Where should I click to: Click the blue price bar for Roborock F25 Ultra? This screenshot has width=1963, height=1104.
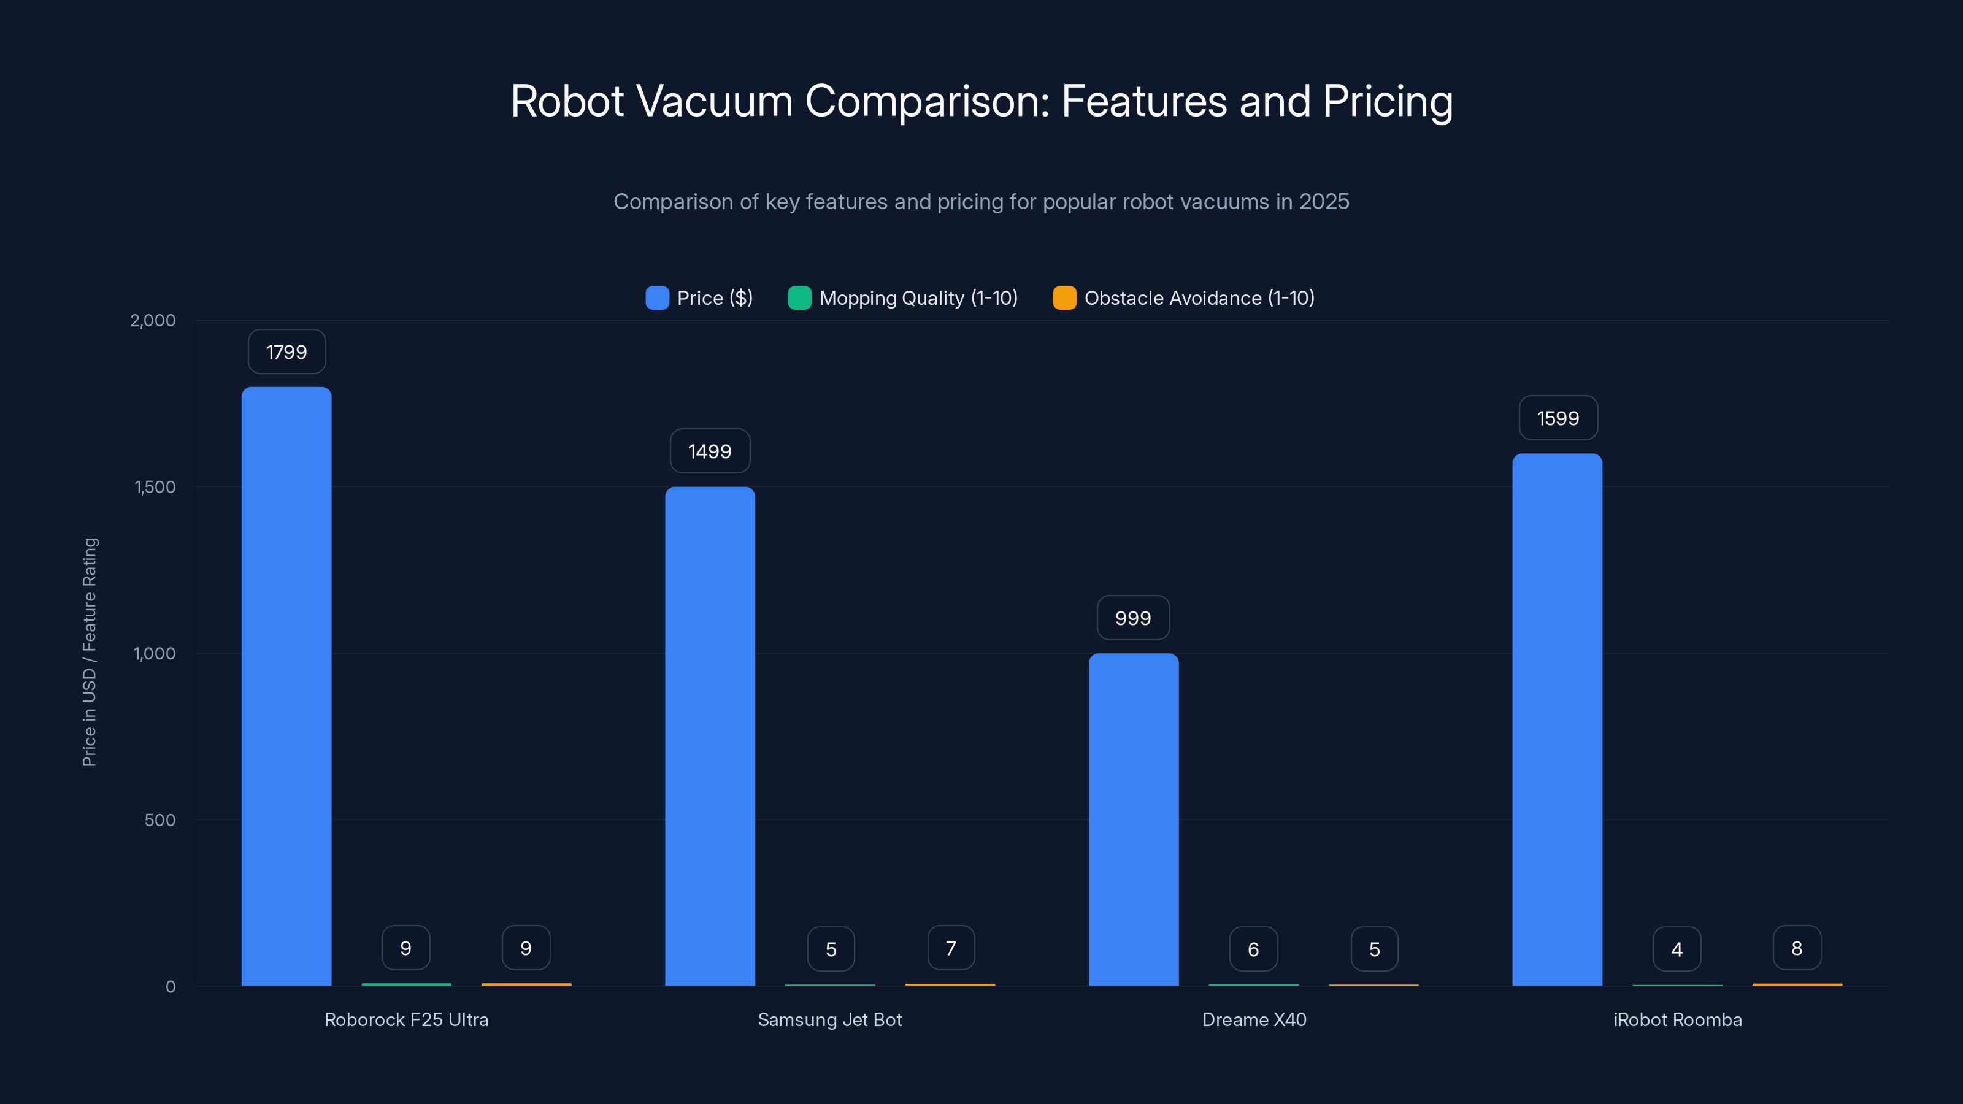point(286,686)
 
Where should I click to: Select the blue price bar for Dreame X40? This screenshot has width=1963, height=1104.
point(1133,819)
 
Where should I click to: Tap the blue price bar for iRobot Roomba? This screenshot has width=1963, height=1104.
point(1557,720)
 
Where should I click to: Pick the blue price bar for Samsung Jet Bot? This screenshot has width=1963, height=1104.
point(710,736)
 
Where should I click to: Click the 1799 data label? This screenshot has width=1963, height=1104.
point(286,352)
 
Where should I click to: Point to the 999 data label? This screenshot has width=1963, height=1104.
point(1133,618)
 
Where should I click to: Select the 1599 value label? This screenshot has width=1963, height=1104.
point(1558,418)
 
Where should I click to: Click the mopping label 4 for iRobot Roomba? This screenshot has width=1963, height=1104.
point(1677,949)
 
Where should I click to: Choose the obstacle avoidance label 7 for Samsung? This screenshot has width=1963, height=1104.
point(951,949)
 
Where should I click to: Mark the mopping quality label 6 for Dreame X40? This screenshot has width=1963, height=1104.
point(1253,949)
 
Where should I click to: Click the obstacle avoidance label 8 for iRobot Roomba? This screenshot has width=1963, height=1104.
point(1797,949)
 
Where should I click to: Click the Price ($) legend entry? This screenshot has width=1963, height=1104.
point(699,298)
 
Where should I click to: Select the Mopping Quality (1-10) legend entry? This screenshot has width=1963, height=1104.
point(903,298)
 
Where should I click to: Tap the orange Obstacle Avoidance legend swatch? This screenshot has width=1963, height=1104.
point(1064,298)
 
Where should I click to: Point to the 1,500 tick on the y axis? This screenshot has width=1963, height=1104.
point(155,487)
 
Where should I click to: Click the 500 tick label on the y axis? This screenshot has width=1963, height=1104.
point(160,820)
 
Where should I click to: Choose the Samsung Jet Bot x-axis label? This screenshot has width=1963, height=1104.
point(830,1019)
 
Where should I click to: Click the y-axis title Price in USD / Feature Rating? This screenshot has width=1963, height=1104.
point(89,652)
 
